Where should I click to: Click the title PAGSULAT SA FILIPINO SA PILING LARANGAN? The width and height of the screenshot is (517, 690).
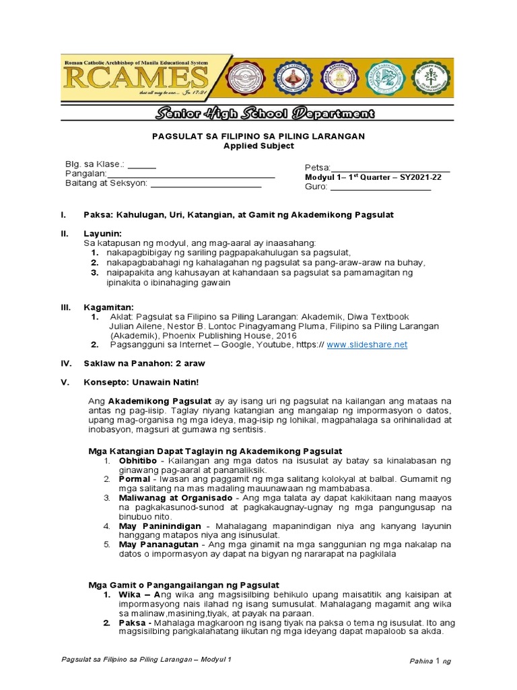point(258,136)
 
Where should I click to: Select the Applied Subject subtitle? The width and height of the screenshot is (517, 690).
point(258,146)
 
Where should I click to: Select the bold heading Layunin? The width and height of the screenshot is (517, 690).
point(102,233)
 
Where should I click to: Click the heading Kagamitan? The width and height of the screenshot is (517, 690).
point(108,307)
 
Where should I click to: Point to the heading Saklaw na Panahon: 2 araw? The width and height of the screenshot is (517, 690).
point(144,363)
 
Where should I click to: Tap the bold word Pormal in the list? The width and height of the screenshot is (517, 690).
point(133,478)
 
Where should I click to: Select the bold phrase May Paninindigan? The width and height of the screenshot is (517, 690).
point(153,525)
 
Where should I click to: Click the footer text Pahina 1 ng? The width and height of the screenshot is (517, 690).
point(431,661)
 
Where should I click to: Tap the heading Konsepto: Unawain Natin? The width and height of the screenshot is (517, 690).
point(141,382)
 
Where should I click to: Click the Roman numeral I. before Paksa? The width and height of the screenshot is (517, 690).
point(63,214)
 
